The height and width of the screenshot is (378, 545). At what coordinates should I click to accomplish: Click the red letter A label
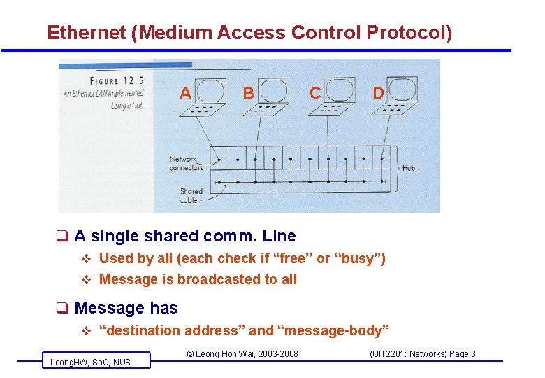[x=185, y=93]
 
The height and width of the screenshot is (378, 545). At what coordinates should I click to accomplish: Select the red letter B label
[x=247, y=93]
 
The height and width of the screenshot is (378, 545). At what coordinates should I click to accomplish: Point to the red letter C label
[x=315, y=93]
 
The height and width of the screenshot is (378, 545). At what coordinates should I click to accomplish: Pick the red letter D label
[x=378, y=93]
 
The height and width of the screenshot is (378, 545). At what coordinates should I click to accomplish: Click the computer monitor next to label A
[x=209, y=90]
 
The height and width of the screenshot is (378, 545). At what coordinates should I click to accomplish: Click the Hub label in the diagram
[x=408, y=168]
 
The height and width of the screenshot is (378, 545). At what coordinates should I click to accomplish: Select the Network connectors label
[x=184, y=163]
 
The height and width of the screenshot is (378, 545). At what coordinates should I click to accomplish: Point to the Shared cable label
[x=190, y=195]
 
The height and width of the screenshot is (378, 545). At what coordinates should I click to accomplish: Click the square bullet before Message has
[x=62, y=308]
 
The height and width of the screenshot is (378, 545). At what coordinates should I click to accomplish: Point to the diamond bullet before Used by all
[x=87, y=258]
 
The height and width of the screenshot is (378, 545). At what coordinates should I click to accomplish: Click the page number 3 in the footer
[x=473, y=354]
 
